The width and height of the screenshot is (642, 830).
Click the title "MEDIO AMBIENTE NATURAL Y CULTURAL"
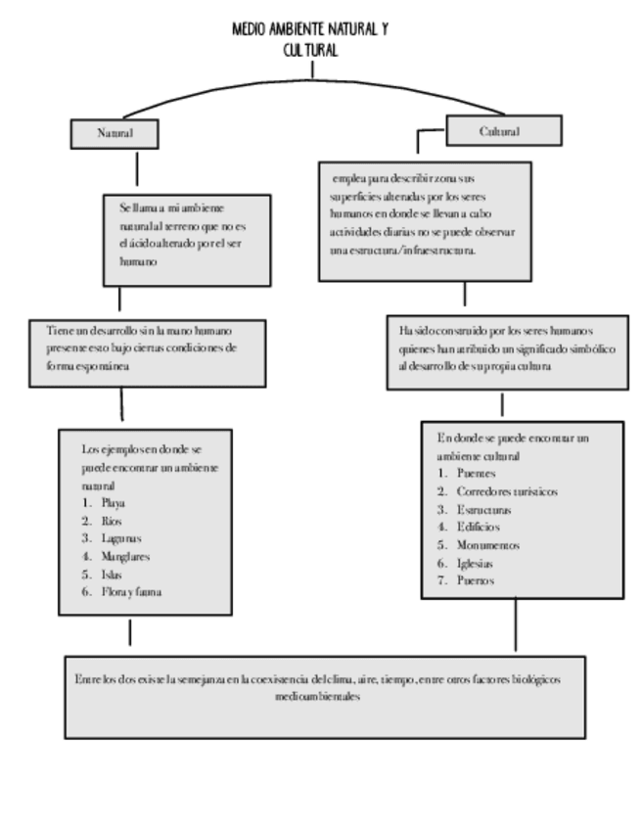pos(310,39)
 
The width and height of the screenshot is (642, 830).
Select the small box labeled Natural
pos(115,131)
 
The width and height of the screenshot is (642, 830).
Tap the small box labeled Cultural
pos(503,130)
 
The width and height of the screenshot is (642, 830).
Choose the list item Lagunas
pos(120,538)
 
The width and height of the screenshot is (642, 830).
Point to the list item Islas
pos(113,574)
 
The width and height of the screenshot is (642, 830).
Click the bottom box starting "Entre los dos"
pos(324,696)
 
